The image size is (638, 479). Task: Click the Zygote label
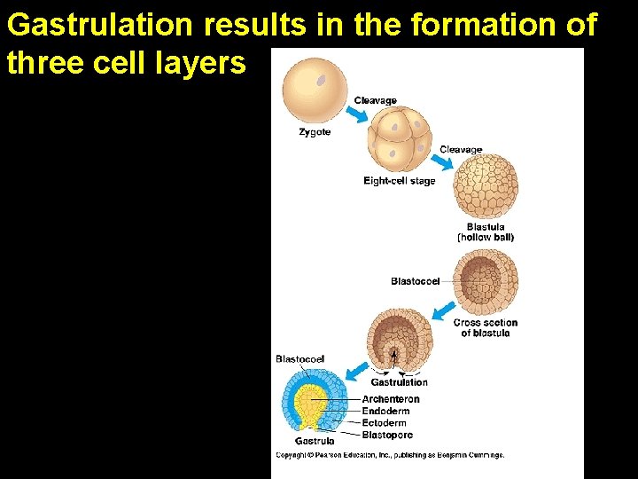[315, 132]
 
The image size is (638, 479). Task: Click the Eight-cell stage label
[399, 181]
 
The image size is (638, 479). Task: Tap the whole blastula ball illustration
[485, 187]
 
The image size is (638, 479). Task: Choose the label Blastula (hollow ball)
[486, 232]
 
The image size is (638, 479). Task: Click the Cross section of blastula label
[486, 327]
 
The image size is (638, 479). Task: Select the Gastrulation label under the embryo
[399, 382]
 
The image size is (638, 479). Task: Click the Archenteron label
[391, 399]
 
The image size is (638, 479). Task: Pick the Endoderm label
[386, 412]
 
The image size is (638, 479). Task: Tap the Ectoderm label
[385, 423]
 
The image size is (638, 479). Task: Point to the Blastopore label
[387, 435]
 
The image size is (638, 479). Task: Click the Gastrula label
[315, 441]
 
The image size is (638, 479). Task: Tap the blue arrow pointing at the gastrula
[356, 371]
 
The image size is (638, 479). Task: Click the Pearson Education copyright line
[390, 455]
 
